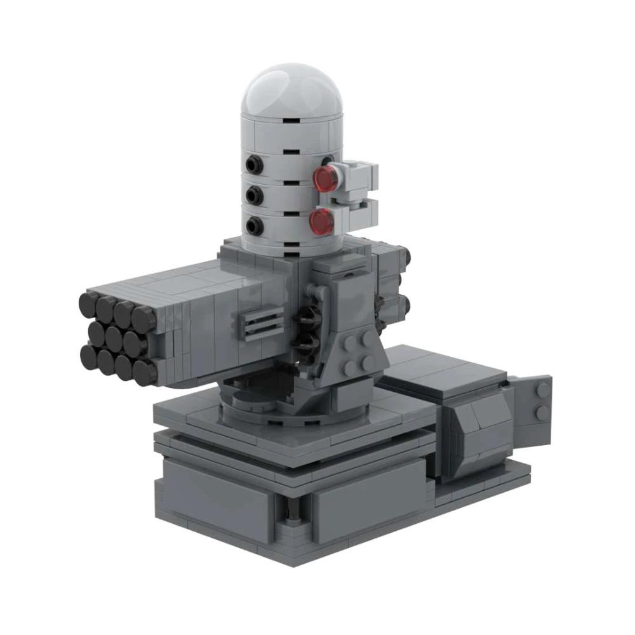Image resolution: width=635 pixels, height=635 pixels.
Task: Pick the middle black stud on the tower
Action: [255, 195]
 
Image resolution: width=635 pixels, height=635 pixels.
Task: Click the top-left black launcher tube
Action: [89, 304]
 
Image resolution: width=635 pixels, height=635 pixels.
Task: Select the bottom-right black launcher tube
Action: [145, 371]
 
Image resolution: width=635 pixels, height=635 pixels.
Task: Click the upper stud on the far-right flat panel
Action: [543, 389]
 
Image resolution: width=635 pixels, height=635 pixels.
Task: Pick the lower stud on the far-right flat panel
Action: [543, 413]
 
